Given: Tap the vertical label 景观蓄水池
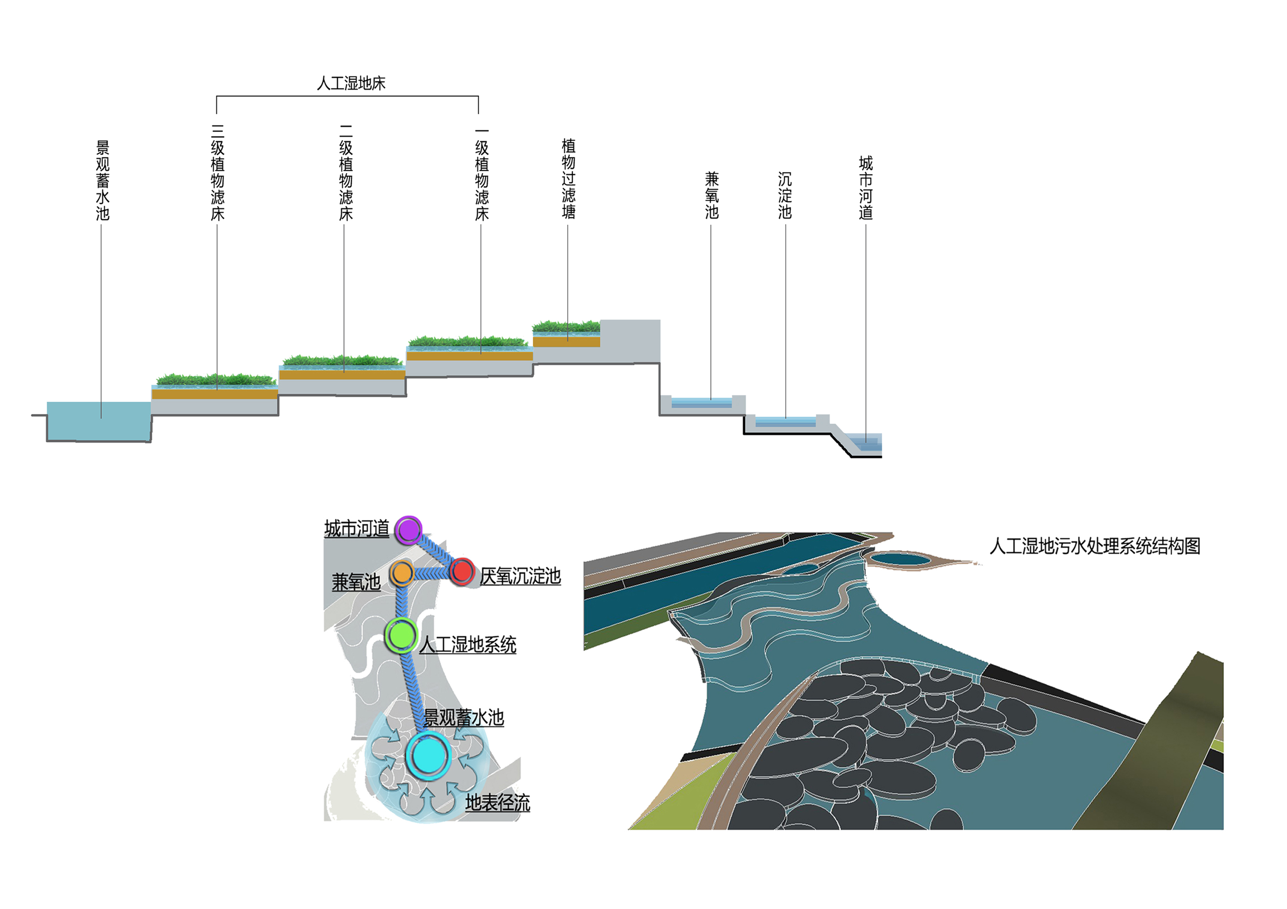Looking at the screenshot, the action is (103, 180).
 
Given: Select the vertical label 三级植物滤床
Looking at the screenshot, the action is (218, 173).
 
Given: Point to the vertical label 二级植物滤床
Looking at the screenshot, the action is (346, 173).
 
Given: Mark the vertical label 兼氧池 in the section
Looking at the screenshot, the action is (712, 195).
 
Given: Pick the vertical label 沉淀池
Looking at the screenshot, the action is (785, 195).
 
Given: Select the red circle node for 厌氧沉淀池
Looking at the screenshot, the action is (462, 571).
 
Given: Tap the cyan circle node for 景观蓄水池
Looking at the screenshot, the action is (429, 755).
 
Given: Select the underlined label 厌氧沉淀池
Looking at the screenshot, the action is (520, 576).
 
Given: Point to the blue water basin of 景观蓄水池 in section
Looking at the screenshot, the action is (99, 421).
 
